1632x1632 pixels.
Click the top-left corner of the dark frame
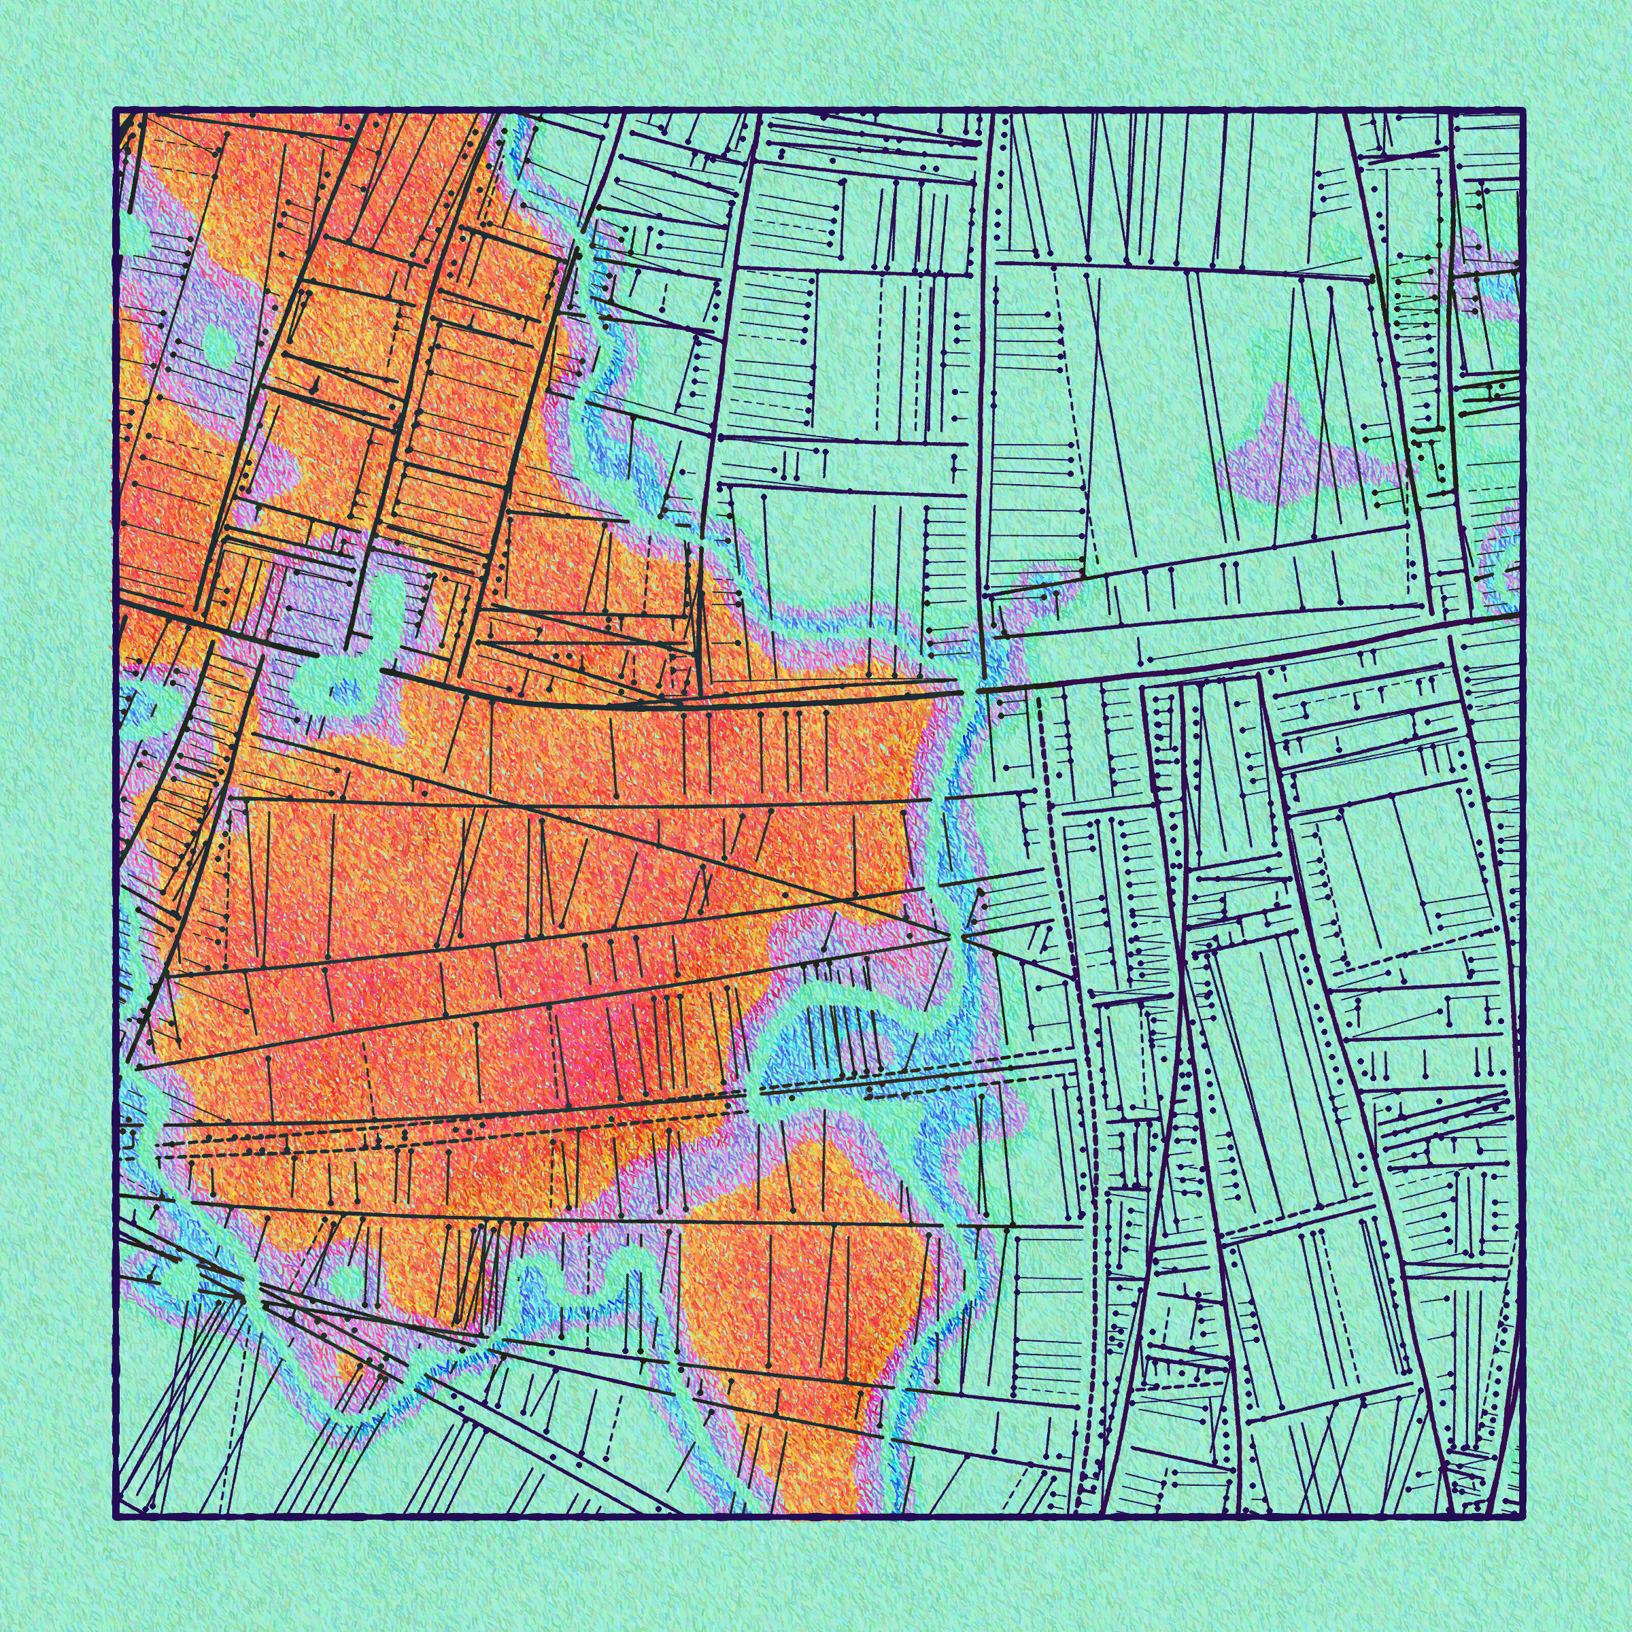116,109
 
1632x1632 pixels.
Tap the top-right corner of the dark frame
1523,109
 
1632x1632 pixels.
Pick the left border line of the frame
116,811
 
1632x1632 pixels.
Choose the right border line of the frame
1523,811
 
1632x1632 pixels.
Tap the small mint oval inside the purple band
218,342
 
